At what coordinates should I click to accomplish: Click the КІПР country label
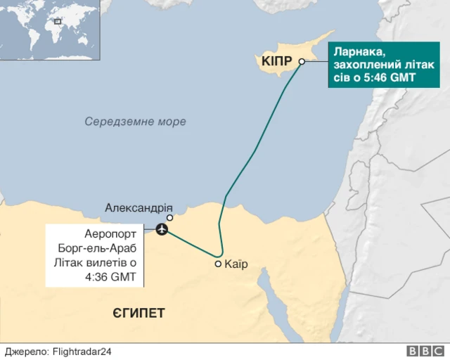276,62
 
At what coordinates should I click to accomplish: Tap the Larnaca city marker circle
302,62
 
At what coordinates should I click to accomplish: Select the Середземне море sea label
136,122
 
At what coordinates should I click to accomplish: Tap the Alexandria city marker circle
169,218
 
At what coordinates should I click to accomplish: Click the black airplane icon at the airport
162,229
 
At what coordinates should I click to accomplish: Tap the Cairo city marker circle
218,264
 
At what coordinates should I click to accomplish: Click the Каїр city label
236,264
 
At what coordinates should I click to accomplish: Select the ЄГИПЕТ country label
139,312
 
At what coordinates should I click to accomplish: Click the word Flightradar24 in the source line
82,352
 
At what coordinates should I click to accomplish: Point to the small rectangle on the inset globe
58,21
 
